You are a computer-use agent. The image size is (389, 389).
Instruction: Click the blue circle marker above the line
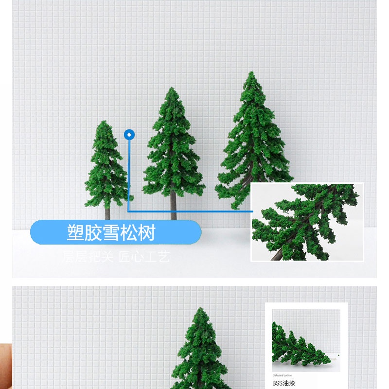(x=129, y=135)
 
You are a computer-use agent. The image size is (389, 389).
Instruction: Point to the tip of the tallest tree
(x=251, y=74)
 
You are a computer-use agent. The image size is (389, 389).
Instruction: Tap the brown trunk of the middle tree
(x=174, y=207)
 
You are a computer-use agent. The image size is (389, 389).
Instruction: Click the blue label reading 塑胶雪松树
(x=116, y=232)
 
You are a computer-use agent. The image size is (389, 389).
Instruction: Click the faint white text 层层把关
(x=88, y=256)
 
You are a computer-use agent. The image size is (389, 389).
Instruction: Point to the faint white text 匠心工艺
(x=144, y=256)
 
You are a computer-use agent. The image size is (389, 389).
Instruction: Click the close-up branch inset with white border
(x=307, y=222)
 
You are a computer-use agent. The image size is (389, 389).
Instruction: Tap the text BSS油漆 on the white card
(x=283, y=383)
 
